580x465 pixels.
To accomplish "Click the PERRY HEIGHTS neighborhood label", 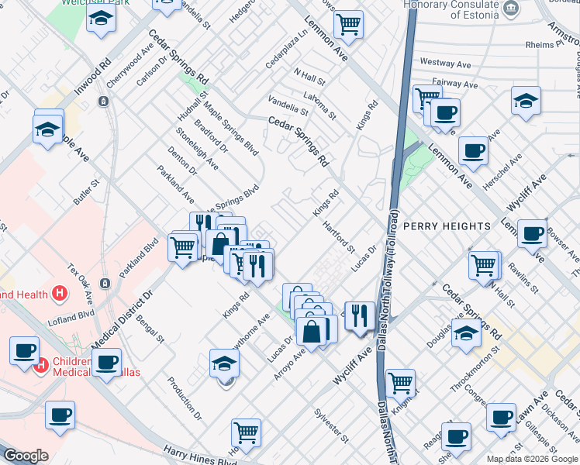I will (x=447, y=226).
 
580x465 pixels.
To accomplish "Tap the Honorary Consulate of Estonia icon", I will (x=511, y=10).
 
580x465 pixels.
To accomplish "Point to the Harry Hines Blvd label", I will (x=200, y=456).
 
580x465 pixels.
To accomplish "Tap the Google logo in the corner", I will (x=26, y=456).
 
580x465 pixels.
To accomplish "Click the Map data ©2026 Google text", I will (x=532, y=459).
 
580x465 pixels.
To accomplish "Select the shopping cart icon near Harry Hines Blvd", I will (x=246, y=432).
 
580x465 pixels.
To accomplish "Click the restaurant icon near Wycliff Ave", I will (x=359, y=315).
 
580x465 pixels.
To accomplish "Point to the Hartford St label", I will (x=340, y=238).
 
